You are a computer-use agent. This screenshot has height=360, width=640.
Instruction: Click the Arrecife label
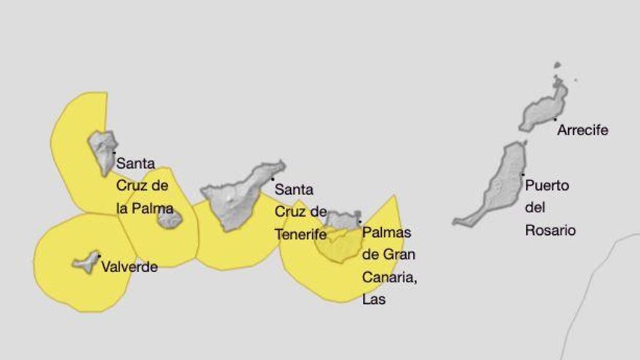point(582,131)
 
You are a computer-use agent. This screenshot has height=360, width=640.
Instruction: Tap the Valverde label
point(129,267)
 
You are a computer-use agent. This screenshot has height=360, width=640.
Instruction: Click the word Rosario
point(550,231)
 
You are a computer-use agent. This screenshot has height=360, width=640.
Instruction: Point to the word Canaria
point(389,277)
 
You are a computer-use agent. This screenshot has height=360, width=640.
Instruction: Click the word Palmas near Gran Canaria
point(386,233)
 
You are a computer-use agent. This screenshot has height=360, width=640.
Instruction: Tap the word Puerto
point(547,185)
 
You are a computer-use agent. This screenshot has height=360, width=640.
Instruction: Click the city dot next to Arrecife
point(555,119)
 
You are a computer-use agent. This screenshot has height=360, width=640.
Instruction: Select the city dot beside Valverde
point(99,256)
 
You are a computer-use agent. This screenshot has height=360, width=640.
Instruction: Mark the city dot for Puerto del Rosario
point(522,175)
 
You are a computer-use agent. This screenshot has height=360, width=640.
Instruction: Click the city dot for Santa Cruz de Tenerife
point(273,179)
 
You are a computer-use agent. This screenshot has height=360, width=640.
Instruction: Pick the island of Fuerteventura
point(499,185)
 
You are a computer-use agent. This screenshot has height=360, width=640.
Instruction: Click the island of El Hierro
point(87,262)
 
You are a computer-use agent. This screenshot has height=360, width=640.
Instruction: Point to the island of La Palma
point(102,149)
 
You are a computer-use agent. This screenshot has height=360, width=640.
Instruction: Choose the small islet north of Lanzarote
point(557,65)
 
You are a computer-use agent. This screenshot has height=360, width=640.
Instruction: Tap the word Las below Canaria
point(373,299)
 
